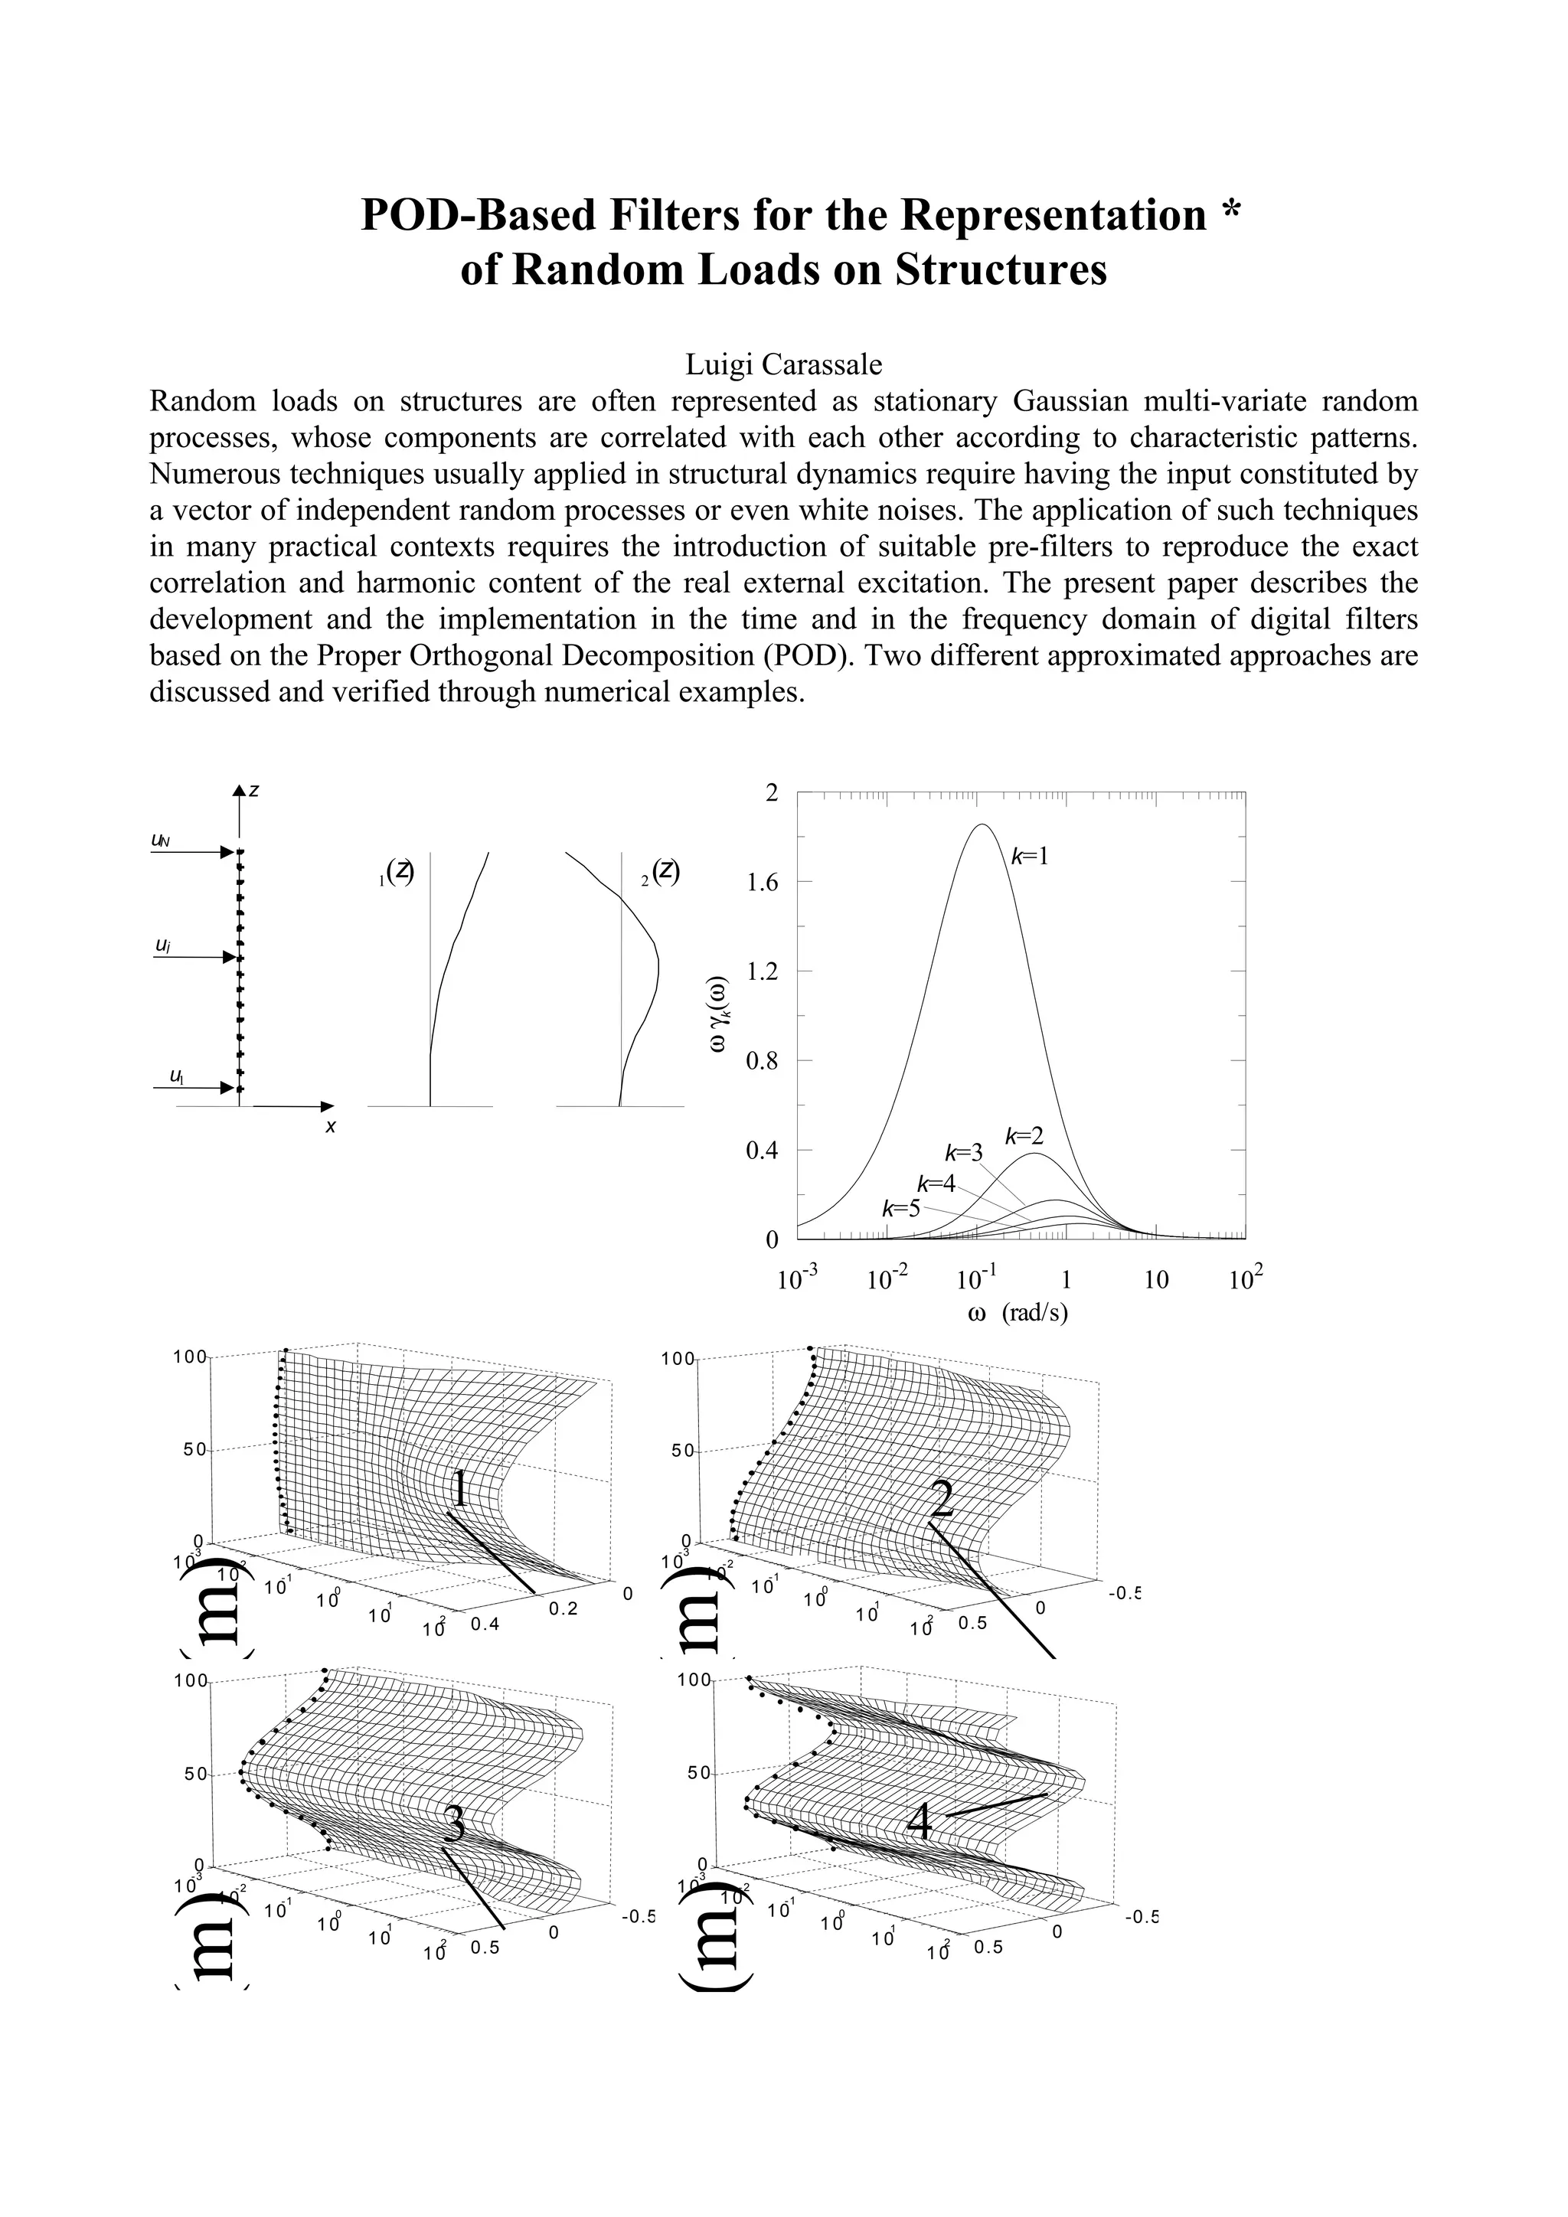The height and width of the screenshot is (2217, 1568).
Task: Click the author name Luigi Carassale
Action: [x=783, y=364]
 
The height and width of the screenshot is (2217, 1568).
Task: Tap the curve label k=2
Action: [x=1024, y=1137]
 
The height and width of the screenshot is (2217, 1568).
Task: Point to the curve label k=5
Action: [x=901, y=1208]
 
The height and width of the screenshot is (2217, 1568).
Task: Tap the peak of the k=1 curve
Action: [x=982, y=824]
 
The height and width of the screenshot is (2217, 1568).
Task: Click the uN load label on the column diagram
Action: [x=162, y=840]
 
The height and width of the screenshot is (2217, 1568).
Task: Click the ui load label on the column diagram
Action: [x=163, y=945]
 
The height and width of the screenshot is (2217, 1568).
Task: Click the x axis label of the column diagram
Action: [x=330, y=1127]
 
